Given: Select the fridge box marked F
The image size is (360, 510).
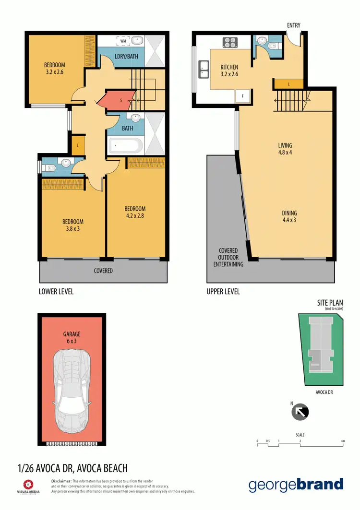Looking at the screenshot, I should pos(243,96).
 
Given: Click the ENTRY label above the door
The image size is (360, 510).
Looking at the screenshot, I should pos(294,25).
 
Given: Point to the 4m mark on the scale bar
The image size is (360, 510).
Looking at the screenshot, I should pos(343,440).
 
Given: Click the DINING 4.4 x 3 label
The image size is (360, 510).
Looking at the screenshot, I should pos(289,217).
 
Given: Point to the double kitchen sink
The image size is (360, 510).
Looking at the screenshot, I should pos(204,71).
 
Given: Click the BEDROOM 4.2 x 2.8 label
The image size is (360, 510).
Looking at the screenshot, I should pos(135,212).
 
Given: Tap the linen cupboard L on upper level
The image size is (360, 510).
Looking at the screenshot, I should pos(288,84).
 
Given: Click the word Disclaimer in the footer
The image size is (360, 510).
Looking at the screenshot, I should pos(61,481).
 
